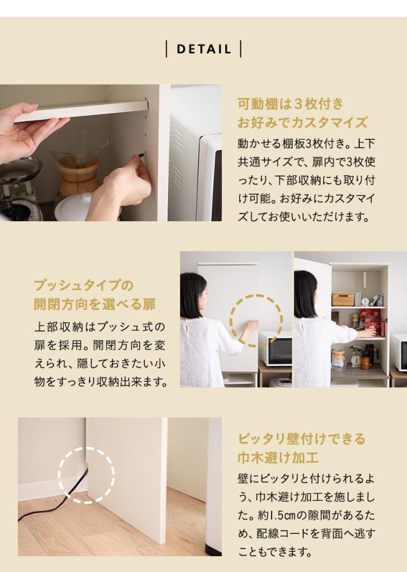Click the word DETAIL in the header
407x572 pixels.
point(203,49)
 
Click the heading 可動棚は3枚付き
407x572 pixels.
point(290,104)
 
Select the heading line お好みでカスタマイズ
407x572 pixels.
point(302,122)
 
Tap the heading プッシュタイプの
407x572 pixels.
point(83,285)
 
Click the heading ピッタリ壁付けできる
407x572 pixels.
point(302,439)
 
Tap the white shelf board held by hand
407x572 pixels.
point(83,111)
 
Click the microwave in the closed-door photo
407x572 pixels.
point(275,348)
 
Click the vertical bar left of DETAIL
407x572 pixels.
point(167,49)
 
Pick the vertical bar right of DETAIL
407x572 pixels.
point(241,49)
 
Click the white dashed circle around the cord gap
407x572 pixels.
point(86,475)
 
